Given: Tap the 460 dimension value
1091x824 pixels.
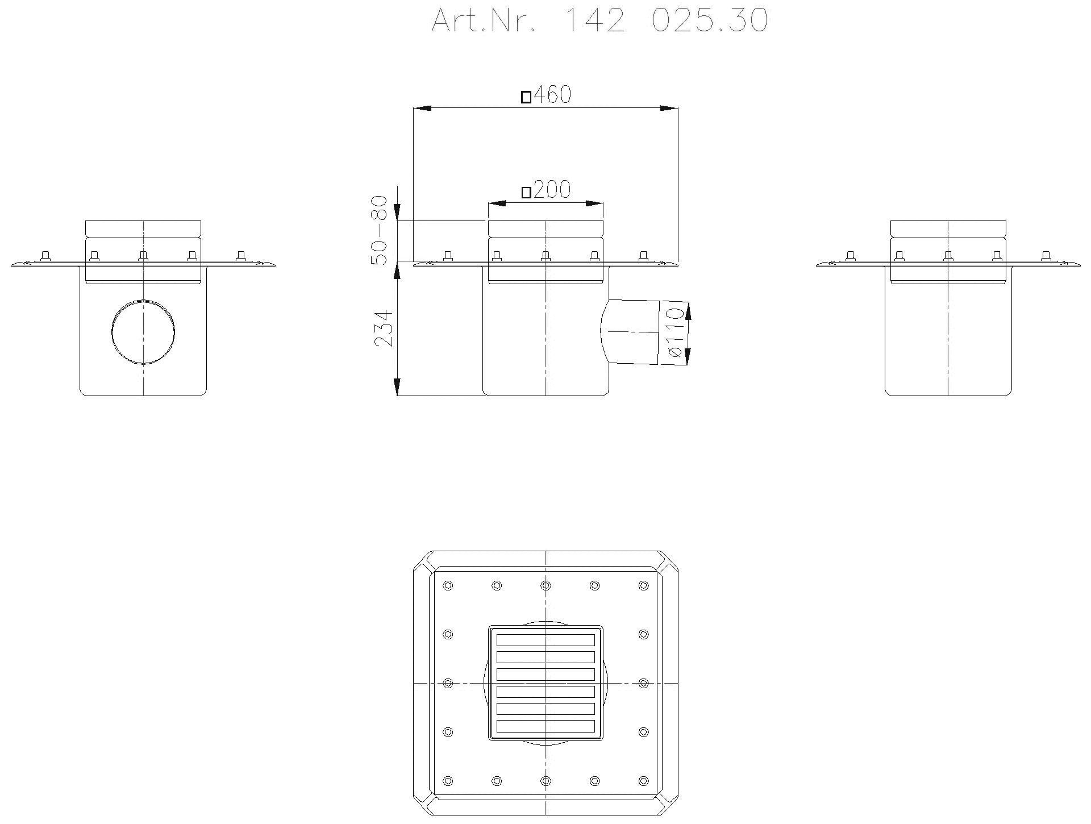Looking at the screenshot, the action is coord(552,95).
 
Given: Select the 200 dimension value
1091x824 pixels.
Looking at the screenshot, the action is coord(552,190).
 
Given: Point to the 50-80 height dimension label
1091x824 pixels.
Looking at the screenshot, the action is coord(379,230).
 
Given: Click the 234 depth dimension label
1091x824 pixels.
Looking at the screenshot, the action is coord(383,328).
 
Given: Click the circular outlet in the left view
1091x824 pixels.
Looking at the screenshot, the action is coord(143,331).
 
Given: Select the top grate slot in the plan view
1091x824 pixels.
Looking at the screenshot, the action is coord(545,640).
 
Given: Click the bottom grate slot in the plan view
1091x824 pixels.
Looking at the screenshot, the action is coord(545,726).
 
